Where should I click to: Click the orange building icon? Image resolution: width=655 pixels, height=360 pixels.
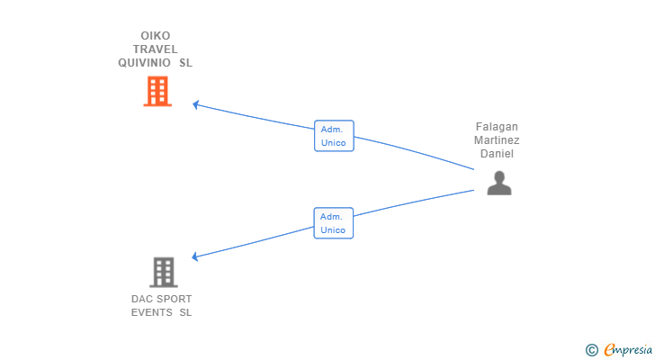157,91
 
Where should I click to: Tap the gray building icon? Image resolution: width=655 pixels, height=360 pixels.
164,273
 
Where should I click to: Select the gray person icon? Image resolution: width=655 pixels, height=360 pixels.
499,183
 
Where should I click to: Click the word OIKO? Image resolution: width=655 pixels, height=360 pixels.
156,36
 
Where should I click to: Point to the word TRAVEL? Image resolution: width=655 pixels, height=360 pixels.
156,49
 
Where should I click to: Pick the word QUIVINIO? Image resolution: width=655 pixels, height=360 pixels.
144,63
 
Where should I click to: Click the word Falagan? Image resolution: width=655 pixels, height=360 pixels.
497,127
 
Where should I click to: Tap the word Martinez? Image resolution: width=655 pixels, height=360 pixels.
497,139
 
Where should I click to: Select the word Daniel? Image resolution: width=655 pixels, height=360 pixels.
497,154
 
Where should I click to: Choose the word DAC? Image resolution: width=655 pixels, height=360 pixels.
141,299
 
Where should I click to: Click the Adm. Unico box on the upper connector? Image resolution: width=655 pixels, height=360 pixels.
334,136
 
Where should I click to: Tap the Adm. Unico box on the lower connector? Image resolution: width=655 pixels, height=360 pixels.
333,223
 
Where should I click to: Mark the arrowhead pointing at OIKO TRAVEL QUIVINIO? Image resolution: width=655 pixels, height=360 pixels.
195,104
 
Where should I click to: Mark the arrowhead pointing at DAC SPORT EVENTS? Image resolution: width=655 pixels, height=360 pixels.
194,256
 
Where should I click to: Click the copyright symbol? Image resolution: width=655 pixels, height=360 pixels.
591,350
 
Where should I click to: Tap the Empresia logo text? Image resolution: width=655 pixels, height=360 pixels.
628,350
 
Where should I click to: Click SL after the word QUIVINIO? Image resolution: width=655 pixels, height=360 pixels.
185,63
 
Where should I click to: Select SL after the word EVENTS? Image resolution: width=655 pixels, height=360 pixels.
185,312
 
